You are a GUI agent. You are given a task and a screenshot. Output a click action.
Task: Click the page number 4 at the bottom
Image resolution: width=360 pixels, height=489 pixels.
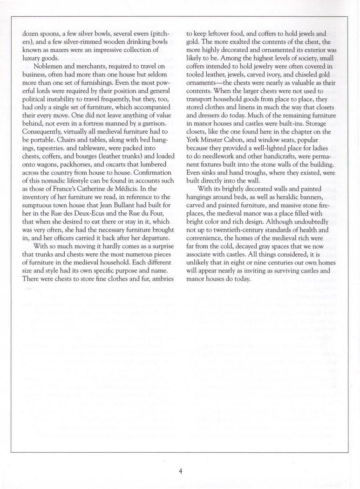pyautogui.click(x=180, y=470)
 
